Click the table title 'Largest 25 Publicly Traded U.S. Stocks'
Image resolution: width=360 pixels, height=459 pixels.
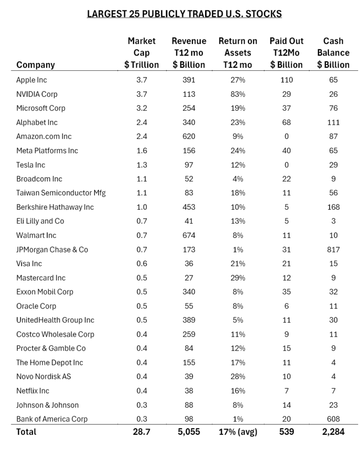pyautogui.click(x=184, y=14)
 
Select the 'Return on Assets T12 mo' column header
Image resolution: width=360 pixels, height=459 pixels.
pyautogui.click(x=238, y=53)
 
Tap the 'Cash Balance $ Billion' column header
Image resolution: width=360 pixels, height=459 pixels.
pyautogui.click(x=333, y=53)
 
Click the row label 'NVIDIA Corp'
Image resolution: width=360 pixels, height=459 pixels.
pyautogui.click(x=37, y=94)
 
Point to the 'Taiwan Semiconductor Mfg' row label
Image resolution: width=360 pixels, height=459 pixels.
pyautogui.click(x=61, y=193)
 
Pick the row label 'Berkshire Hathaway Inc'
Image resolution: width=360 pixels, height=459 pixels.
pyautogui.click(x=55, y=207)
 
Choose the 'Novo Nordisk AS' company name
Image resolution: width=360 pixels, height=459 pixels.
pyautogui.click(x=43, y=377)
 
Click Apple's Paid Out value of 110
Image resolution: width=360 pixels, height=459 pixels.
pyautogui.click(x=287, y=80)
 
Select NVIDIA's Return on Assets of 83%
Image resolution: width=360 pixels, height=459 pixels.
pyautogui.click(x=238, y=94)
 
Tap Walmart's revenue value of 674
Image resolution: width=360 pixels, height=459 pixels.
pyautogui.click(x=189, y=235)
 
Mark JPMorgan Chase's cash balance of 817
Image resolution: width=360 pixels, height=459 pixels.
pyautogui.click(x=334, y=250)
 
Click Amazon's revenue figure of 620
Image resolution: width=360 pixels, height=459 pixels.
pyautogui.click(x=189, y=136)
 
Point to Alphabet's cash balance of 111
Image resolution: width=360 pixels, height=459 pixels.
pyautogui.click(x=334, y=122)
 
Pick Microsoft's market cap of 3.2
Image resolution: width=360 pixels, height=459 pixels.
pyautogui.click(x=141, y=108)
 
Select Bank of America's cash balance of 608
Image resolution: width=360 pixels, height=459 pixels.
pyautogui.click(x=334, y=419)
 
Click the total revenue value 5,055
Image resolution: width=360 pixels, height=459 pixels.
pyautogui.click(x=189, y=432)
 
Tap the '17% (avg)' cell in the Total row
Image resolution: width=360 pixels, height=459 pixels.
pyautogui.click(x=238, y=432)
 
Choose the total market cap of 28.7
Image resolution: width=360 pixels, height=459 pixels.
pyautogui.click(x=141, y=432)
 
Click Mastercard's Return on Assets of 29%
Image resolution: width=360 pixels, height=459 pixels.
pyautogui.click(x=238, y=278)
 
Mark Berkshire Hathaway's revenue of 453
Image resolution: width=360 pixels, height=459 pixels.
pyautogui.click(x=189, y=207)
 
